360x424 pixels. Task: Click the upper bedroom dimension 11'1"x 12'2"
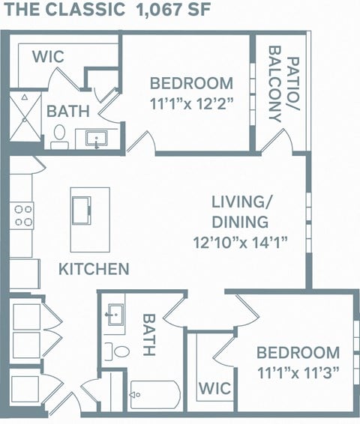pos(190,103)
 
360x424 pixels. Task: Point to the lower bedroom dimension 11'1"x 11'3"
pos(298,372)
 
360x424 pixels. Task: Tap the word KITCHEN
pos(94,268)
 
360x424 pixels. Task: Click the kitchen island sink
pos(81,208)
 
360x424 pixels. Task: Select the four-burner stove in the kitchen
pos(23,216)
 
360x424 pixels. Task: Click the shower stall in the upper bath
pos(24,116)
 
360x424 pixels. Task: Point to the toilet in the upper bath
pos(59,135)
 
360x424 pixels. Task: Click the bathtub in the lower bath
pos(154,394)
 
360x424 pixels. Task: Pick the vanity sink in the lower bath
pos(115,314)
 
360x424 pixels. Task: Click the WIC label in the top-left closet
pos(48,57)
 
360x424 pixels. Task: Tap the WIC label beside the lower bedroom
pos(214,389)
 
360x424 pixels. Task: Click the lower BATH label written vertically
pos(148,334)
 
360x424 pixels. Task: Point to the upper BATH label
pos(68,111)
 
